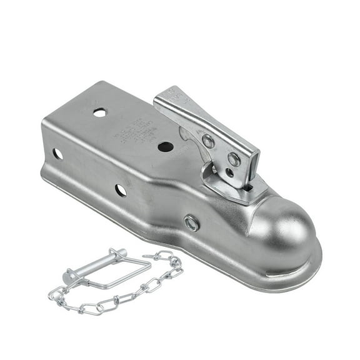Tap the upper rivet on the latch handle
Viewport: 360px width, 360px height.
pyautogui.click(x=209, y=141)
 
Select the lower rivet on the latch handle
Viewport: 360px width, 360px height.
pyautogui.click(x=234, y=160)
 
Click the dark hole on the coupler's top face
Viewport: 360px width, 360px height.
pyautogui.click(x=166, y=147)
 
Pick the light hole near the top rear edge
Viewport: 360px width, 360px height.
pyautogui.click(x=100, y=112)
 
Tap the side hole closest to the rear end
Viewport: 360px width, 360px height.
pyautogui.click(x=58, y=153)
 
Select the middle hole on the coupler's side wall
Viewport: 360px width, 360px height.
pyautogui.click(x=121, y=190)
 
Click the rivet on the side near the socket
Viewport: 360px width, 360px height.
pyautogui.click(x=192, y=222)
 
